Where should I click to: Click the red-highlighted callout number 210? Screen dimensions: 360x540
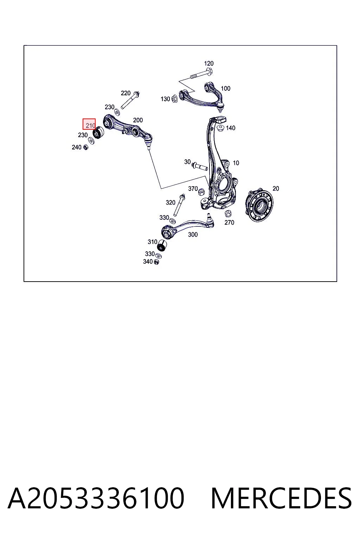pyautogui.click(x=90, y=126)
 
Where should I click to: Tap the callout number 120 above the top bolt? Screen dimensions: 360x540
pyautogui.click(x=208, y=63)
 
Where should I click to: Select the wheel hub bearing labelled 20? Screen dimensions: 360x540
pyautogui.click(x=259, y=206)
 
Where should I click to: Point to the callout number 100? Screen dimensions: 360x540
pyautogui.click(x=225, y=89)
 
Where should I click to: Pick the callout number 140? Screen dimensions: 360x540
pyautogui.click(x=230, y=128)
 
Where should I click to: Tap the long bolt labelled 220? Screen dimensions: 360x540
pyautogui.click(x=130, y=101)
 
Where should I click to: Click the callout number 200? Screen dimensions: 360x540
pyautogui.click(x=138, y=120)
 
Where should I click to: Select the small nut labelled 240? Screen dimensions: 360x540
pyautogui.click(x=85, y=147)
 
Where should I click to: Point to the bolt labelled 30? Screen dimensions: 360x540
pyautogui.click(x=200, y=166)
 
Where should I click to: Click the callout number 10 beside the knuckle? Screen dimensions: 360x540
pyautogui.click(x=236, y=163)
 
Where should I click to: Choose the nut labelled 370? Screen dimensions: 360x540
pyautogui.click(x=201, y=192)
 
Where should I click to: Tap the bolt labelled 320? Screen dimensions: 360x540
pyautogui.click(x=179, y=205)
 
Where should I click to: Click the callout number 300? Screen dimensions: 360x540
pyautogui.click(x=193, y=234)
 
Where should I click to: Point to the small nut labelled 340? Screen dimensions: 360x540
pyautogui.click(x=156, y=262)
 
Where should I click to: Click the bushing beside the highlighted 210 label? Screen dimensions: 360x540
pyautogui.click(x=98, y=133)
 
